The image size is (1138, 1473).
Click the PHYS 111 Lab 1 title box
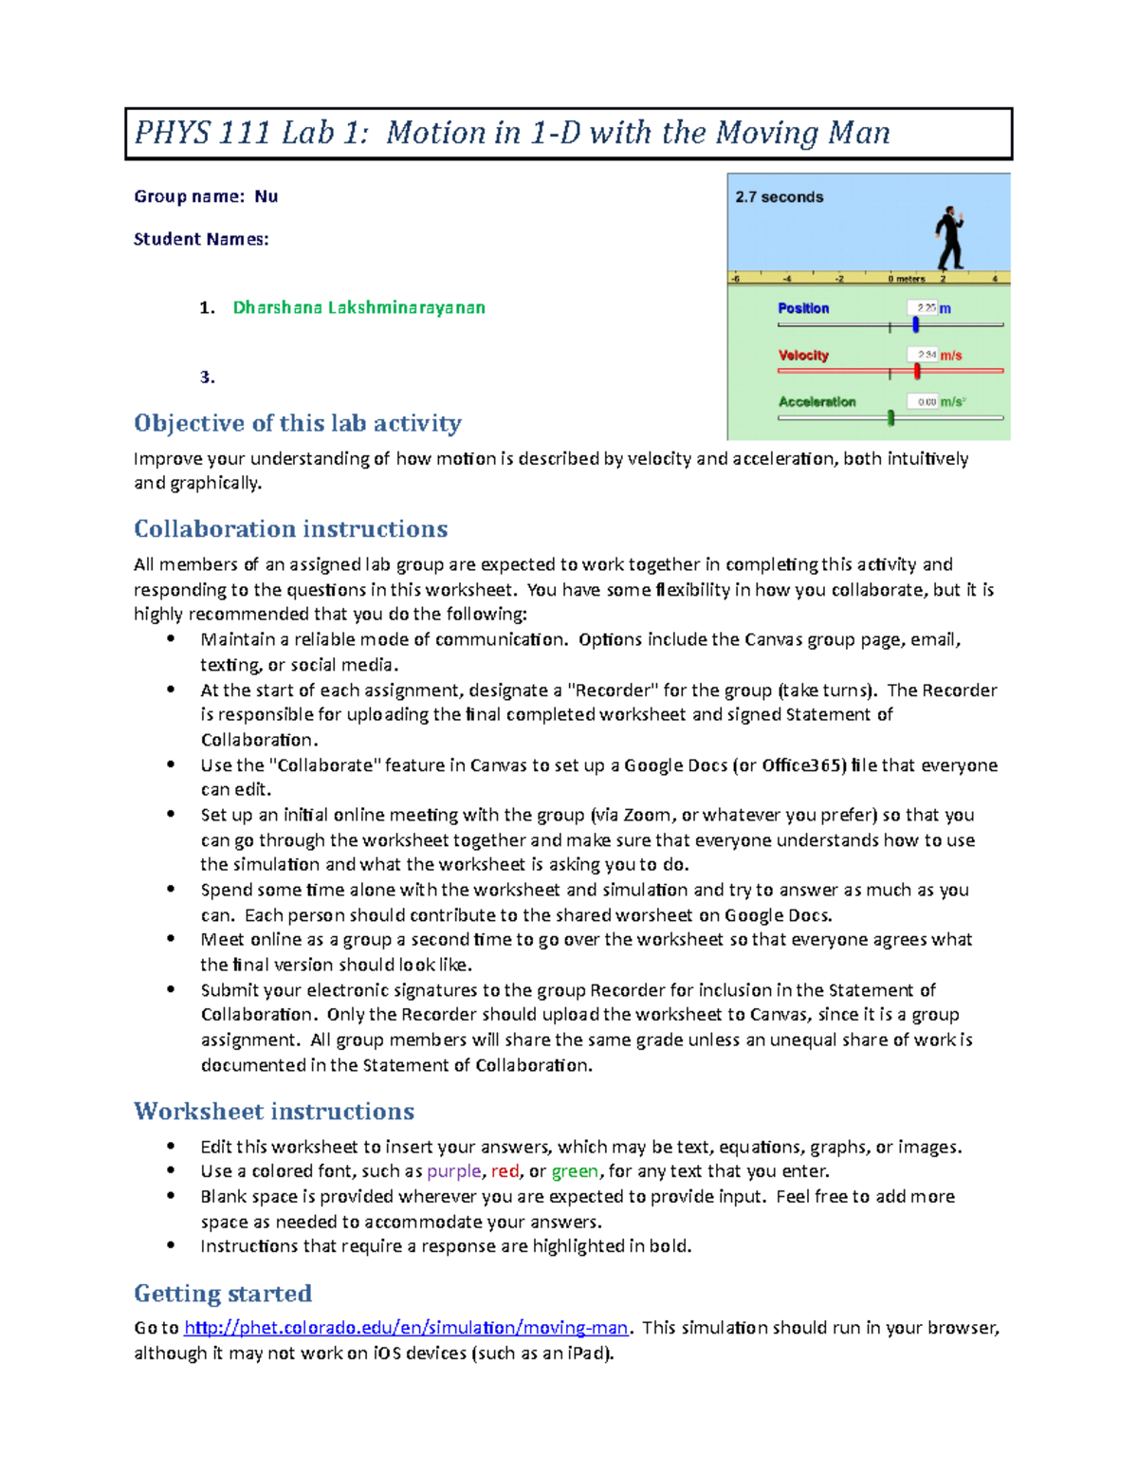click(568, 133)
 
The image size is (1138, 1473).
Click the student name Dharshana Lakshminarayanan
click(358, 307)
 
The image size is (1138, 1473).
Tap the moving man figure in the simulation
click(949, 238)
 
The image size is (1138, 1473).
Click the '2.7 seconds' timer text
click(779, 197)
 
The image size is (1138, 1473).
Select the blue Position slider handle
click(916, 324)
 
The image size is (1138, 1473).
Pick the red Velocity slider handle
click(917, 371)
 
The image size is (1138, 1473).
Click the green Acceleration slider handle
click(890, 417)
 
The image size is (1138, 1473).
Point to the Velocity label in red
click(803, 356)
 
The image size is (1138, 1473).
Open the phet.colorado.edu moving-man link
click(405, 1328)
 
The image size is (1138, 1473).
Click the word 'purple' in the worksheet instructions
click(454, 1171)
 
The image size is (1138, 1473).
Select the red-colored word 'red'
click(505, 1171)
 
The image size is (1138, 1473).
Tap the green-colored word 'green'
click(575, 1171)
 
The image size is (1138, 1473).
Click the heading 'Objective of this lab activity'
click(297, 423)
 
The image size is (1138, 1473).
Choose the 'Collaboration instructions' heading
click(290, 528)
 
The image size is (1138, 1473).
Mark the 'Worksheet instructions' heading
click(274, 1111)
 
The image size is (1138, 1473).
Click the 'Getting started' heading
click(223, 1293)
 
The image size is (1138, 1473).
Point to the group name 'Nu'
click(266, 196)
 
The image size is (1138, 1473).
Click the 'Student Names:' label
click(201, 239)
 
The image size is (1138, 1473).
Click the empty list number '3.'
click(207, 377)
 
